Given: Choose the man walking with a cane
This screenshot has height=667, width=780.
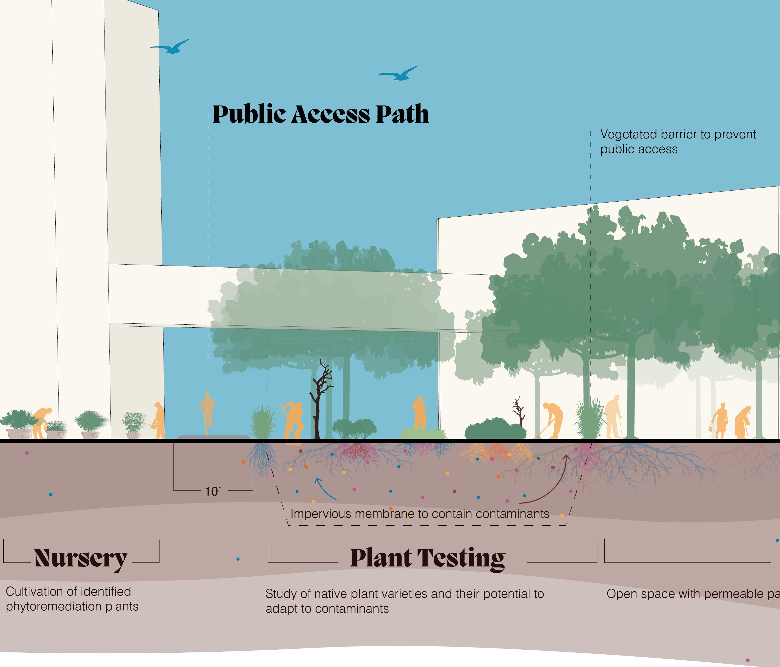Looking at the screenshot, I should pyautogui.click(x=613, y=417).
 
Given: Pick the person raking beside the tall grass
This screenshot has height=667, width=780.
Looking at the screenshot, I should pyautogui.click(x=551, y=420).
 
